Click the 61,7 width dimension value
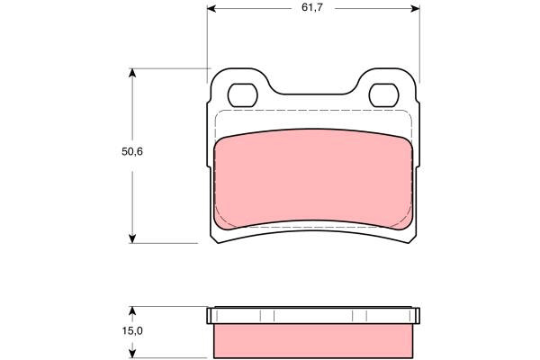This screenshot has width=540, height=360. [x=312, y=7]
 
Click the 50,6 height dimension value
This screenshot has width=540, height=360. [x=132, y=151]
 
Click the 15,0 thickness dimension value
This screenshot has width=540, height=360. [x=132, y=331]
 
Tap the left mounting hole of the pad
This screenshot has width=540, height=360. [x=242, y=95]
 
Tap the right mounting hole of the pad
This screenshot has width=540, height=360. [x=383, y=95]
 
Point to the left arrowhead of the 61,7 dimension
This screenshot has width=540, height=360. [x=211, y=9]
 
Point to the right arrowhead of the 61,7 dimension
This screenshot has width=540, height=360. [x=415, y=9]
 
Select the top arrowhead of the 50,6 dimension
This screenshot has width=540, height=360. [x=132, y=73]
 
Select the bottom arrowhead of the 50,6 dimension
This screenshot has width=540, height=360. [x=132, y=238]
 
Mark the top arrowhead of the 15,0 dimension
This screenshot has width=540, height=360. [x=132, y=310]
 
